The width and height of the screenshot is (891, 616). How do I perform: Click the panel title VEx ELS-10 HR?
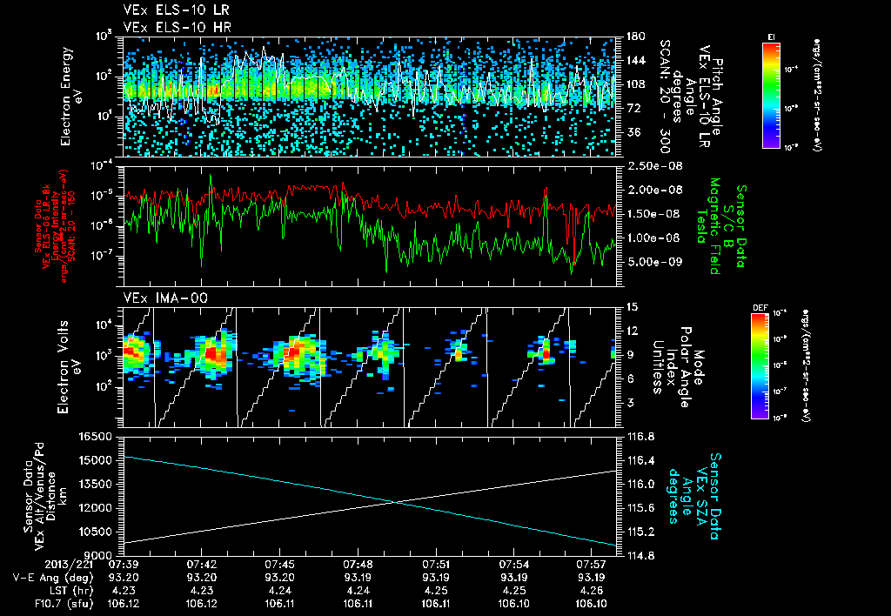coord(171,28)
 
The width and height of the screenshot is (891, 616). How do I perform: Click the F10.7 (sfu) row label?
coord(40,601)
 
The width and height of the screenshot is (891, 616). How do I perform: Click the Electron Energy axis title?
coord(70,96)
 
